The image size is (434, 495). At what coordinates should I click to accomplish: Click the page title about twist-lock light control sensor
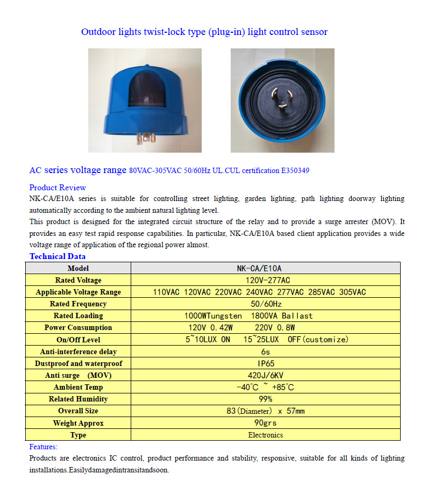(204, 32)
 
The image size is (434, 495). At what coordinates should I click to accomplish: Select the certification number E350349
(295, 171)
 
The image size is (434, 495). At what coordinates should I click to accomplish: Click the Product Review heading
(58, 188)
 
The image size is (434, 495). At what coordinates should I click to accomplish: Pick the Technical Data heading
(58, 256)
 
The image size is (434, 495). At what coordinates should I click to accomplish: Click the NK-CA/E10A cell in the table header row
(266, 268)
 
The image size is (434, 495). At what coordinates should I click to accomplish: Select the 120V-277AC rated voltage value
(266, 280)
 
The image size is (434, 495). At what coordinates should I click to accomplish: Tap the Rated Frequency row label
(79, 304)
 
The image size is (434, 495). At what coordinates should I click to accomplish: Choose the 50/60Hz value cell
(266, 304)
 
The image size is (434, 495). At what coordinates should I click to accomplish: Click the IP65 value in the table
(266, 363)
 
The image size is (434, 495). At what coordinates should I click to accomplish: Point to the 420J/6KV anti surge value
(266, 375)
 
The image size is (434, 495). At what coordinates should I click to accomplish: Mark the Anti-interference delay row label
(79, 351)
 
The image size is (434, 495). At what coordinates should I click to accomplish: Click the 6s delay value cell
(266, 351)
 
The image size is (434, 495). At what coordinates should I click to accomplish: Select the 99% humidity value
(266, 399)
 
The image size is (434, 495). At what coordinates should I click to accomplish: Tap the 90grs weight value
(266, 423)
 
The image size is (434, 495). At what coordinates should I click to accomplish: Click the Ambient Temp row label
(79, 387)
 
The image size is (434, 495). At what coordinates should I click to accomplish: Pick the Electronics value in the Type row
(266, 435)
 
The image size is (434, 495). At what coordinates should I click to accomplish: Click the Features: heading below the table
(44, 447)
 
